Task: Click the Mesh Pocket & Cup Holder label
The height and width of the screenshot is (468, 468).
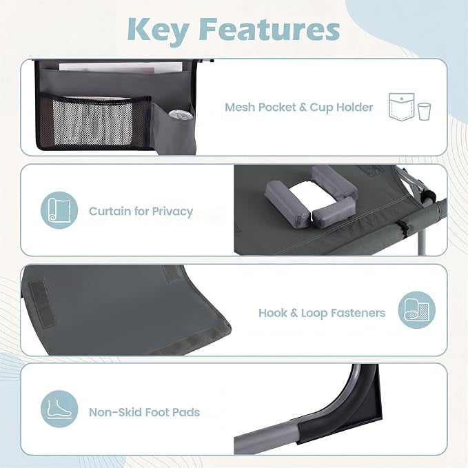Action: tap(298, 107)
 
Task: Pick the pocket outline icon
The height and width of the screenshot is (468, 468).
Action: tap(401, 107)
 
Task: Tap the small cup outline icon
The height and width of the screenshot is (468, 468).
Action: tap(424, 112)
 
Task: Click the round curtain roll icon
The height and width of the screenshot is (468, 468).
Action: tap(59, 210)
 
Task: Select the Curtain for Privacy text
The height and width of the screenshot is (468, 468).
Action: tap(141, 212)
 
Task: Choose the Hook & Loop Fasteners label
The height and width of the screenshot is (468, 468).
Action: tap(322, 313)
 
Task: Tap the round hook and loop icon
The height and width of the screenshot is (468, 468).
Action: tap(417, 310)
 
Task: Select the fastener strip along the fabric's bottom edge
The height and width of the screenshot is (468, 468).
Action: tap(185, 341)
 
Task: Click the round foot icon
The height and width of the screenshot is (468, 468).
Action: tap(59, 409)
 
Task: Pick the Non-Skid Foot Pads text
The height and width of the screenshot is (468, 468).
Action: tap(144, 412)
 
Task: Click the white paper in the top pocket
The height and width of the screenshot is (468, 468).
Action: tap(121, 68)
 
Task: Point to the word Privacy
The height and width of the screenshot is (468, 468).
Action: tap(172, 212)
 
